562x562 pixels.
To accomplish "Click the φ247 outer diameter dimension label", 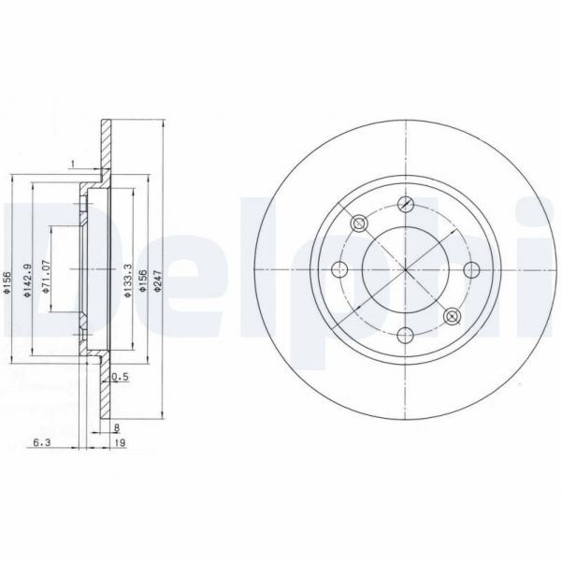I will [158, 279].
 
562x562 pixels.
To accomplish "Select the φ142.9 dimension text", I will [28, 279].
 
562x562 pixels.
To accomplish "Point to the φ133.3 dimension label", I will [127, 279].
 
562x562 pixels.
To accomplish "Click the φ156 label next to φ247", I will [143, 279].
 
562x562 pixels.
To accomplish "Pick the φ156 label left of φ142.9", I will [7, 279].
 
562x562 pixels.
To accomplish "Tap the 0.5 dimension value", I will [119, 377].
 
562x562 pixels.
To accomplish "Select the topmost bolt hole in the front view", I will [405, 204].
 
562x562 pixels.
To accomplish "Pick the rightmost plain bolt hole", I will [470, 270].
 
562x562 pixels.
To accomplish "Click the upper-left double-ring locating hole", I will [358, 223].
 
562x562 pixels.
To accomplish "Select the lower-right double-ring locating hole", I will [452, 316].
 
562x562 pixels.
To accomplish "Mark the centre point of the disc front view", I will [405, 270].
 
